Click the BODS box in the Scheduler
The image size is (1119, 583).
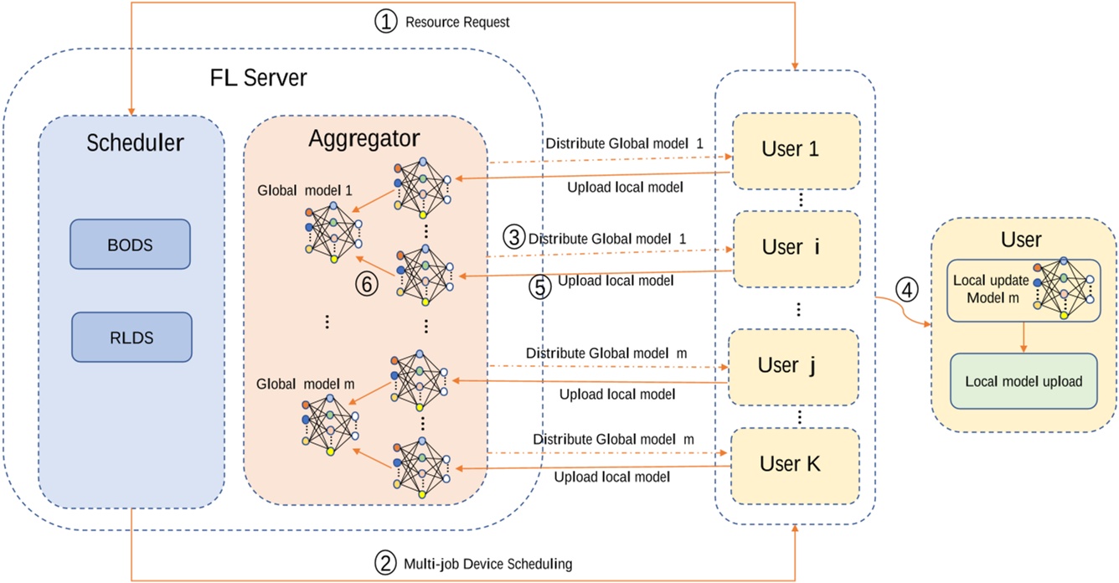pyautogui.click(x=130, y=244)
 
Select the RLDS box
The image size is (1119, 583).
pyautogui.click(x=130, y=338)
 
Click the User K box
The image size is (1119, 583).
pyautogui.click(x=792, y=463)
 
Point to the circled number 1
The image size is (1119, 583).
pyautogui.click(x=385, y=22)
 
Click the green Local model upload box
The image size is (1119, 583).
pyautogui.click(x=1023, y=381)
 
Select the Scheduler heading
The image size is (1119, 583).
pyautogui.click(x=135, y=143)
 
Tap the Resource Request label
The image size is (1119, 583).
pyautogui.click(x=457, y=22)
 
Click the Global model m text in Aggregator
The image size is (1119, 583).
pyautogui.click(x=307, y=384)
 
